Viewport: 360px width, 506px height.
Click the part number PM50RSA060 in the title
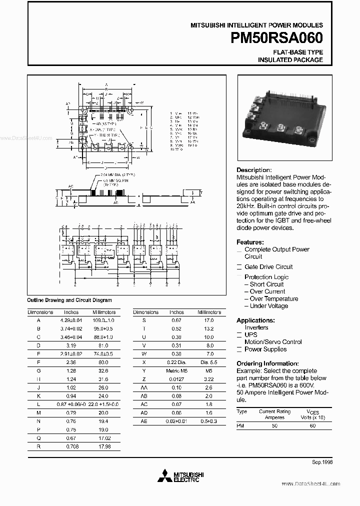click(x=277, y=38)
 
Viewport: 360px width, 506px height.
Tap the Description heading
click(x=254, y=170)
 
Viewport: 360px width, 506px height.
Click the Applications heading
click(x=255, y=320)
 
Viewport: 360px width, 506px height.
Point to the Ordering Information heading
click(x=267, y=363)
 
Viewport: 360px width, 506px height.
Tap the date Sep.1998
click(x=322, y=462)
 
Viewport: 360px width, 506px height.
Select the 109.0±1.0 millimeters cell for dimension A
click(x=103, y=320)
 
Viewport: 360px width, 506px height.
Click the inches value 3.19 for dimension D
click(x=70, y=345)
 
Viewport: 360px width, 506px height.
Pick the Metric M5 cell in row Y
click(x=176, y=371)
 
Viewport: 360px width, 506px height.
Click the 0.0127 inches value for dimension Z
click(x=176, y=379)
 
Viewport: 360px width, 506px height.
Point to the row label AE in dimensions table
click(x=144, y=422)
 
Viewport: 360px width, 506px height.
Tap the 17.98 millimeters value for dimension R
click(x=103, y=447)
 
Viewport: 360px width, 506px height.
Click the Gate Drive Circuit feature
click(x=268, y=267)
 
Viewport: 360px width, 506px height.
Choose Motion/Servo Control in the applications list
click(x=273, y=342)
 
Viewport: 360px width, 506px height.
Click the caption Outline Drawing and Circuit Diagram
click(x=69, y=300)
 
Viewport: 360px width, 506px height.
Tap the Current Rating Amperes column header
click(x=274, y=414)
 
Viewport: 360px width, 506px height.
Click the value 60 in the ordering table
click(x=313, y=425)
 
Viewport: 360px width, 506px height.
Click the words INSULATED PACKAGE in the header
click(x=290, y=60)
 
